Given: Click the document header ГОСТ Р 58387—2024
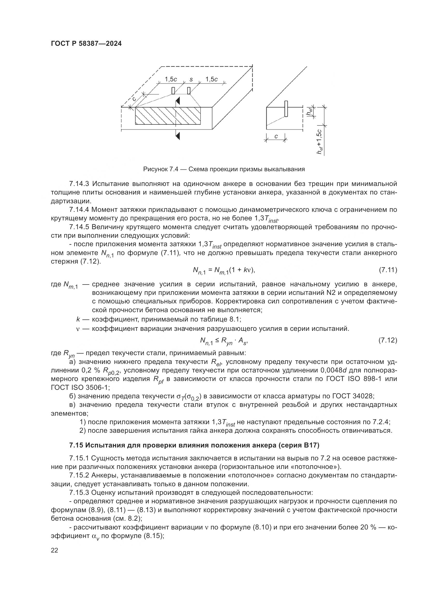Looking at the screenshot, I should [86, 44].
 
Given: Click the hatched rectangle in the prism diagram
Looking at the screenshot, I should [168, 116].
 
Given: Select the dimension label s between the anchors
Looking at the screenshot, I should [191, 79].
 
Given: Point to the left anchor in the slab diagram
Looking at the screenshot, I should [173, 91].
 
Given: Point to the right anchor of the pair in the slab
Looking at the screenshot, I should [189, 91].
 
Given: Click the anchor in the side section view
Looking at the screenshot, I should [286, 108].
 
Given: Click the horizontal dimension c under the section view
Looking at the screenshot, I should [276, 136].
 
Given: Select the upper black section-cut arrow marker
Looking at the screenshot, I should [178, 101].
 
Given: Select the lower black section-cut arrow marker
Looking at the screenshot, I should [178, 136].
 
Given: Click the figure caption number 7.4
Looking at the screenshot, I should [174, 169].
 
